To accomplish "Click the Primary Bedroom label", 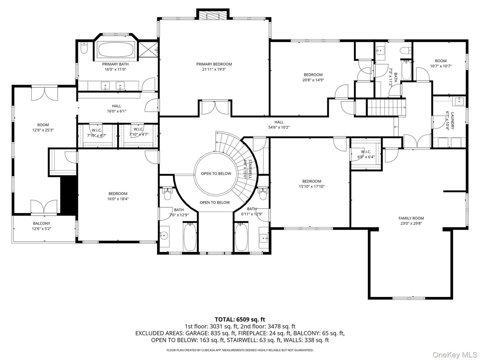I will [x=214, y=64].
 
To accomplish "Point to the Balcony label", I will [x=41, y=223].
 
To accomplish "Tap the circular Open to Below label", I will [x=216, y=174].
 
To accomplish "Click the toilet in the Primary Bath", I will [x=84, y=48].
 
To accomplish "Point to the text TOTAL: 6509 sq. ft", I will [x=240, y=320].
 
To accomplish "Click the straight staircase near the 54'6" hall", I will [x=386, y=108].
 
